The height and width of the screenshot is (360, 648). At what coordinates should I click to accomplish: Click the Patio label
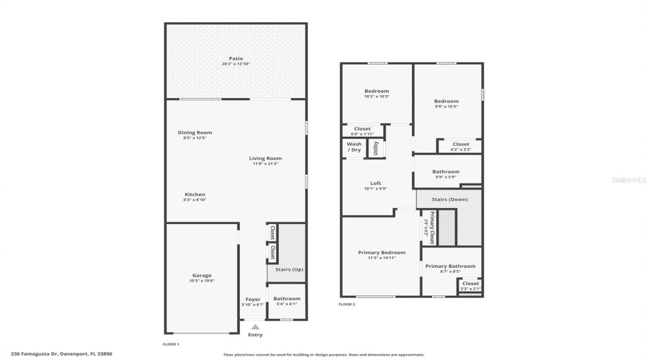coord(235,58)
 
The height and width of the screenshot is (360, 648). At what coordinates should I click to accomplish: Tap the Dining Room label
coord(195,132)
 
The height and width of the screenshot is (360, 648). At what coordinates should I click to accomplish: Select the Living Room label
coord(266,158)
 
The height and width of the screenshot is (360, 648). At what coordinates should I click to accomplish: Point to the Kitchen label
coord(194,194)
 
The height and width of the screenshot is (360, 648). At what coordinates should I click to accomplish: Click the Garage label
coord(202,275)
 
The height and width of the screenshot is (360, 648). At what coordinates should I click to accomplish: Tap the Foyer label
coord(253,300)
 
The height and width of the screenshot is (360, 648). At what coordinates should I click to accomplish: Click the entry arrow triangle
coord(255,327)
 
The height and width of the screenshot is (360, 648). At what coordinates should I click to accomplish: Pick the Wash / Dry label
coord(354,147)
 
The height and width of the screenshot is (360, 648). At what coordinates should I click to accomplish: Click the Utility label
coord(376,148)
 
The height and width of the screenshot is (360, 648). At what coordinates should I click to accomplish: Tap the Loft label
coord(376,183)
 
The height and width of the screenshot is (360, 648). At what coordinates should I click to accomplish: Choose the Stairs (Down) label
coord(449,199)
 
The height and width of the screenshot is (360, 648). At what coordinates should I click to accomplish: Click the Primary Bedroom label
coord(382,253)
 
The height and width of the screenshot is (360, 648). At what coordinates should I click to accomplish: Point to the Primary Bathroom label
coord(451,266)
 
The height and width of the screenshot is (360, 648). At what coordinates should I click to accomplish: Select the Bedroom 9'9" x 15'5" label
coord(446,102)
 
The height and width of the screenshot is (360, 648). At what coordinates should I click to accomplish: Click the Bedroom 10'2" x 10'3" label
coord(377,91)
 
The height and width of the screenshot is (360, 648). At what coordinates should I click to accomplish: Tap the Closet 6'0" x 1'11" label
coord(362,129)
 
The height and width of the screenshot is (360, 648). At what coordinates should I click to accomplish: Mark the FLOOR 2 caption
coord(347,305)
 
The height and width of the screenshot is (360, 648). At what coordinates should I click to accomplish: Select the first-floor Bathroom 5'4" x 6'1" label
coord(287,299)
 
